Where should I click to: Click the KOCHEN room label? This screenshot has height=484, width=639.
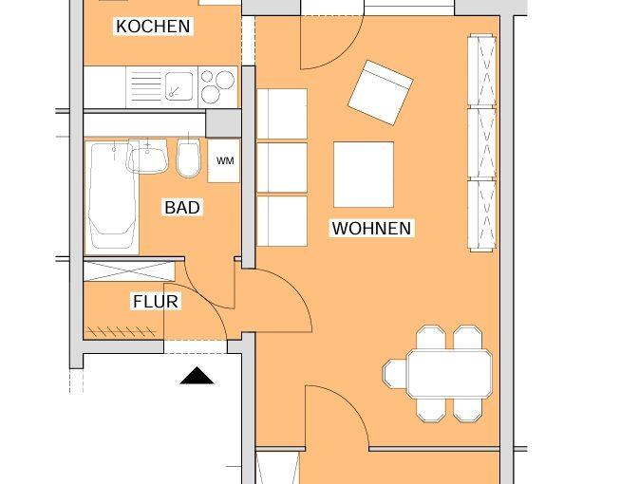(x=153, y=27)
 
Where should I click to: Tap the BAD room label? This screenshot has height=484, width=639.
(x=182, y=208)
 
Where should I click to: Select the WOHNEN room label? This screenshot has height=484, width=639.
(x=371, y=228)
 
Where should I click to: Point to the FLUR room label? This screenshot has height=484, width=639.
(x=156, y=302)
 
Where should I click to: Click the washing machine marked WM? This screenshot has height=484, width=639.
(x=224, y=160)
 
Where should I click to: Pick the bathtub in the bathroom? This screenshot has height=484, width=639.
(x=111, y=196)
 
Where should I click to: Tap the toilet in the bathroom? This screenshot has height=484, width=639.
(x=189, y=158)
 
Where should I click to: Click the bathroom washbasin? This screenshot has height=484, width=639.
(x=147, y=156)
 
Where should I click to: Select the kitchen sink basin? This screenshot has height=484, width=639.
(x=179, y=86)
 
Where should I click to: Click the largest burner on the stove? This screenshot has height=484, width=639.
(x=225, y=80)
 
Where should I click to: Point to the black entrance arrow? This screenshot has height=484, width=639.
(x=197, y=375)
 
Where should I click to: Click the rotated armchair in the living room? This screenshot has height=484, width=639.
(x=381, y=92)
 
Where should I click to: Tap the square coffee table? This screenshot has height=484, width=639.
(x=364, y=175)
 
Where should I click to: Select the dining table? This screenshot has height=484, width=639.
(x=449, y=374)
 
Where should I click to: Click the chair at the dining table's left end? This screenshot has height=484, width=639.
(x=395, y=374)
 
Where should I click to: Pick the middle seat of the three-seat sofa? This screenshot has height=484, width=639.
(x=282, y=167)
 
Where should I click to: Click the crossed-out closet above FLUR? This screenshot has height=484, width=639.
(x=129, y=271)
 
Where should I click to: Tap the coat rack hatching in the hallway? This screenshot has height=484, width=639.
(x=121, y=331)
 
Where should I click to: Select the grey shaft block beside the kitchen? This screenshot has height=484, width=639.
(x=223, y=123)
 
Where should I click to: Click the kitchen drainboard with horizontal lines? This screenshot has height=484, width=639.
(x=146, y=86)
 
